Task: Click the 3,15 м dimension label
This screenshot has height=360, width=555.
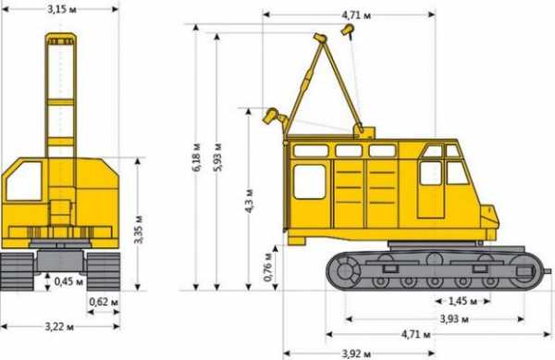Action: (62, 9)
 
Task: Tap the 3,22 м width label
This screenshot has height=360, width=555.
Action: (59, 327)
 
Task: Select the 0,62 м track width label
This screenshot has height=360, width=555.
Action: (104, 303)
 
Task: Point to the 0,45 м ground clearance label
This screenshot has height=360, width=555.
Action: (68, 281)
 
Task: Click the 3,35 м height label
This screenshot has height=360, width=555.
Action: (139, 230)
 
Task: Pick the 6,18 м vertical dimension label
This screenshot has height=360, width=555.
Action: (197, 157)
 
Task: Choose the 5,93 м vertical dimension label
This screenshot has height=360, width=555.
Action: (217, 157)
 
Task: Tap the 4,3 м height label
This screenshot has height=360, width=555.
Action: (249, 201)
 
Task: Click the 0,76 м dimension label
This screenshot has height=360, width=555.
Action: (268, 267)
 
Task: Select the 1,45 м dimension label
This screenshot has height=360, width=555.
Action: (462, 302)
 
